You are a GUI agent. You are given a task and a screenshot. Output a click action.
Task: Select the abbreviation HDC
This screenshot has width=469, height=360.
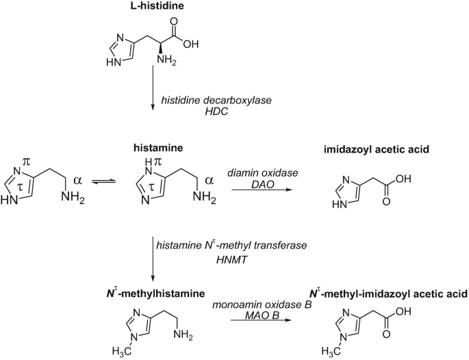pyautogui.click(x=216, y=112)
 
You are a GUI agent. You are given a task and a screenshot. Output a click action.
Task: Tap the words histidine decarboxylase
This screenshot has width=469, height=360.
pyautogui.click(x=216, y=101)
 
